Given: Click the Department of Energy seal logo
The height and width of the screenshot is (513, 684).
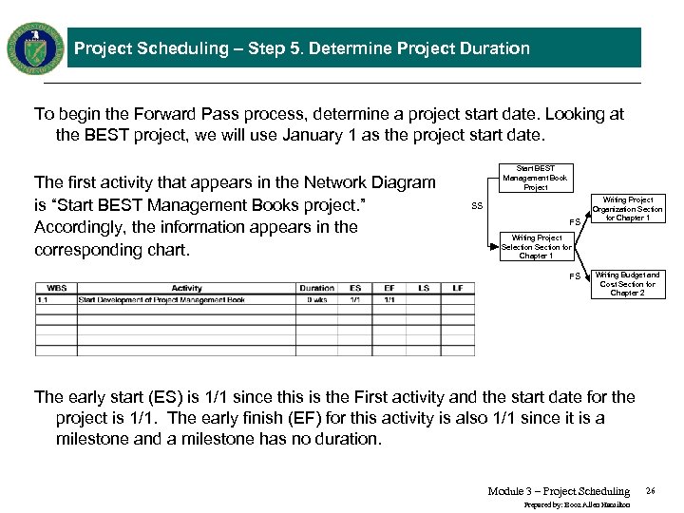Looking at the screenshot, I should (x=35, y=47).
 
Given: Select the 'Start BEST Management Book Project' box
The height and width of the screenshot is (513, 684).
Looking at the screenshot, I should (x=536, y=178).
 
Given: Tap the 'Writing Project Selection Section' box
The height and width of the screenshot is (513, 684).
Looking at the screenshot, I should (x=536, y=247).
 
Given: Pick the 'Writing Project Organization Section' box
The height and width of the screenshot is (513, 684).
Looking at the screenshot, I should (x=627, y=209).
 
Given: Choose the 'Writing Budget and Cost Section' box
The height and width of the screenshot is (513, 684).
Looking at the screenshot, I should (x=627, y=284).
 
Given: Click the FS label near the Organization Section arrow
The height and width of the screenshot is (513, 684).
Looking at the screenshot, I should (x=574, y=222).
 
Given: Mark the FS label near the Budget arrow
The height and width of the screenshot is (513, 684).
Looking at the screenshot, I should (x=574, y=276).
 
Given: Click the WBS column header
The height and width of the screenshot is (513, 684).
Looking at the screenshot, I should (x=56, y=288).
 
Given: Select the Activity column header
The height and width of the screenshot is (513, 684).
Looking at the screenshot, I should (x=186, y=288).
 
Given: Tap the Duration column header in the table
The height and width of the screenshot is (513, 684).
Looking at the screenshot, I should (x=316, y=288).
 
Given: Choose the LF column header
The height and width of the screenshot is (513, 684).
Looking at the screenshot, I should (x=457, y=288).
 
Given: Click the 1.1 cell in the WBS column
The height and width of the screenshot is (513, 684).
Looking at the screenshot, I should (x=44, y=300).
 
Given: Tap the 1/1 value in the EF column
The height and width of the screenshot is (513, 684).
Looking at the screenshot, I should (x=389, y=300).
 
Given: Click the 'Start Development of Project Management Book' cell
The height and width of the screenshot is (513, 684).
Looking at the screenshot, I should (x=161, y=300).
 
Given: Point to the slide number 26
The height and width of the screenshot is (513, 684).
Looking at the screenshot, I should (x=650, y=491).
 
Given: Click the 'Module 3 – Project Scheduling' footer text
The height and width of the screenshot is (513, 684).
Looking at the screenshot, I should (x=559, y=491).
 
